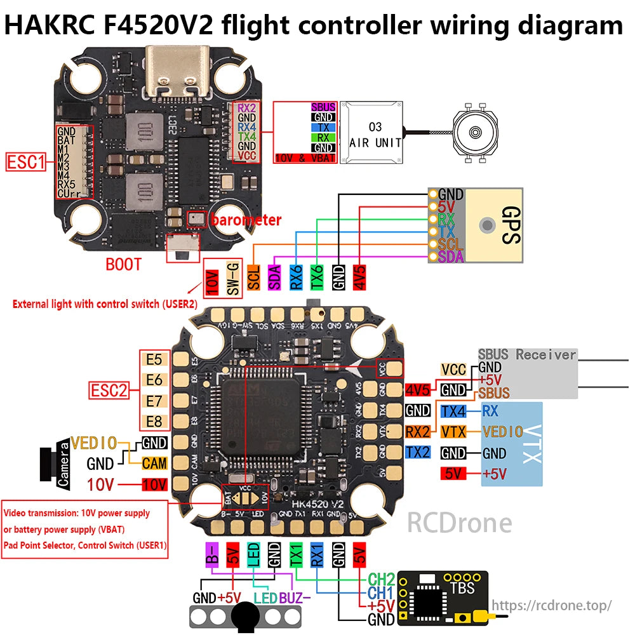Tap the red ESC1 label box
coord(26,162)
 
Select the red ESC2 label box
coord(107,390)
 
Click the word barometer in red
coord(246,220)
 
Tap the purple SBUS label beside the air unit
coord(323,107)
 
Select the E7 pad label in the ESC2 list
coord(154,401)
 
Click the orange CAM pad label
coord(154,463)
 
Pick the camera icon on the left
coord(54,466)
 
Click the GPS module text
coord(511,225)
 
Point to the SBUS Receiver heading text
coord(526,354)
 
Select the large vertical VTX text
coord(531,444)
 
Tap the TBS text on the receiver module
coord(462,587)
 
